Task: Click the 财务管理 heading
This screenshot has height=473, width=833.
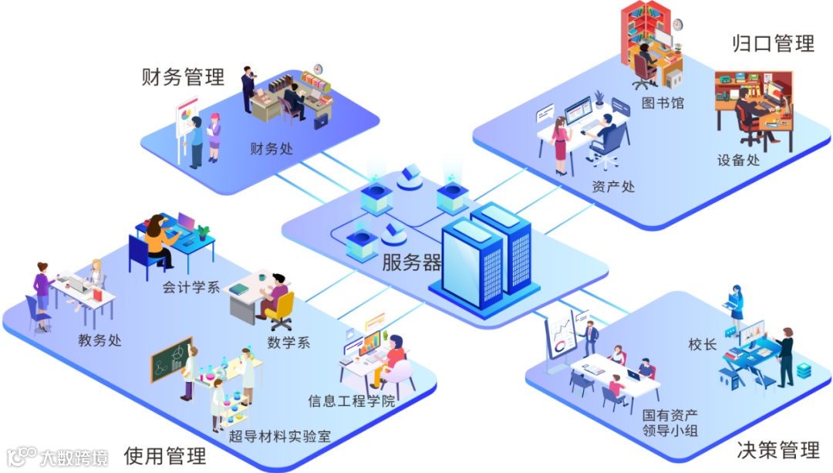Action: [183, 76]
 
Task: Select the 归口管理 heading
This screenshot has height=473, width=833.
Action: [773, 43]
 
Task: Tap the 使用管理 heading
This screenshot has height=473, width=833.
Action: [165, 455]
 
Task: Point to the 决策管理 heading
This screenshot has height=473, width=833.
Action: [777, 450]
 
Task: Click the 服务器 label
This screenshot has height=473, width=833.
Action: [412, 262]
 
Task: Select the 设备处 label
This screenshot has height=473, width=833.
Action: [738, 160]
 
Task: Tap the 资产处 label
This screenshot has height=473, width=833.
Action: [613, 186]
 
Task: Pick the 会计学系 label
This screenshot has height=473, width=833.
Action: [191, 288]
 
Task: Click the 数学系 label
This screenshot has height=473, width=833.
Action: [288, 342]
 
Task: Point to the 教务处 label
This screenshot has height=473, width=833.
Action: [99, 340]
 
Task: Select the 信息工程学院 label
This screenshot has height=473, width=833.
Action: [351, 401]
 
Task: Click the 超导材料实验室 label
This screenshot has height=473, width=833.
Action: [280, 436]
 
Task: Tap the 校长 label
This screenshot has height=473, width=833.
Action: [703, 344]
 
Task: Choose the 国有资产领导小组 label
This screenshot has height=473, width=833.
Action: [669, 422]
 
